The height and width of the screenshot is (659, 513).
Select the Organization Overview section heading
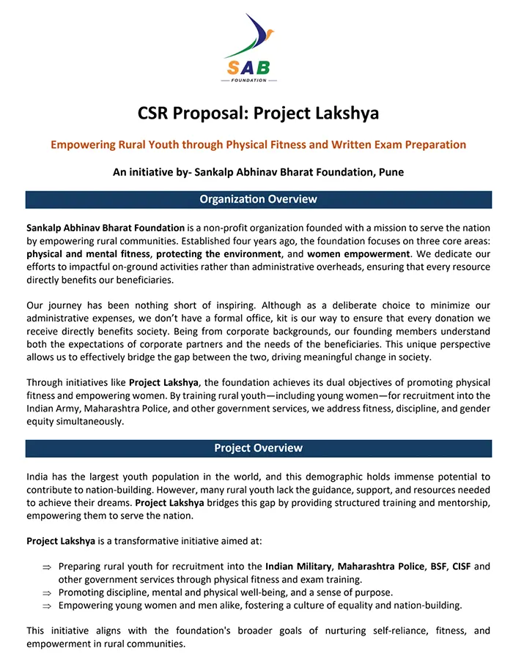pos(258,199)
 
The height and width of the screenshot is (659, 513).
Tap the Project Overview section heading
pos(258,447)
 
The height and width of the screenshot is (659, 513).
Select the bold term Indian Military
pos(299,566)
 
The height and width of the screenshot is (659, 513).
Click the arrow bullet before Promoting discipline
pos(47,592)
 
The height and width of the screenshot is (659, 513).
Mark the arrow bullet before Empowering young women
pos(47,606)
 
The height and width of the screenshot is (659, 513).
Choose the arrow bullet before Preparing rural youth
pos(47,567)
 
